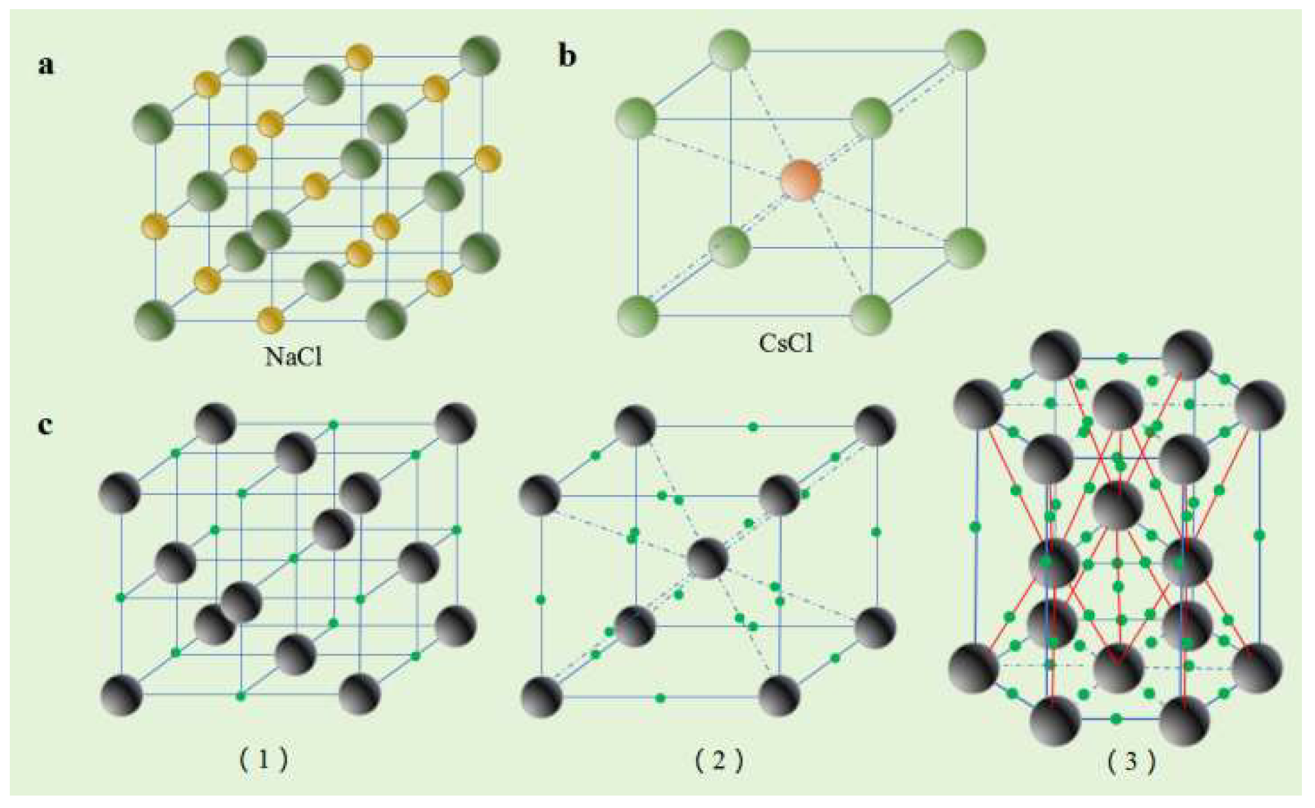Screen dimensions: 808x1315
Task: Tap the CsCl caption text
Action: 786,342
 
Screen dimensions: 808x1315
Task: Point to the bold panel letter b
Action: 567,56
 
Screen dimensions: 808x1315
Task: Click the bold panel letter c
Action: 45,425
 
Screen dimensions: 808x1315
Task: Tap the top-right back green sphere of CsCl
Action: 965,50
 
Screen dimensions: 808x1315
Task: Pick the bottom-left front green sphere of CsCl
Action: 637,316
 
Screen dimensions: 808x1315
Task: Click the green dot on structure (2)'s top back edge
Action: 753,427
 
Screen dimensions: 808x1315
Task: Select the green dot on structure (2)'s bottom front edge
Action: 660,698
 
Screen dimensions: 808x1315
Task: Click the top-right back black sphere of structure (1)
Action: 456,424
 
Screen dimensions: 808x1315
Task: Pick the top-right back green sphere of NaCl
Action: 480,57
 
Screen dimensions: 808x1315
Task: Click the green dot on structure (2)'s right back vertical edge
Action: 876,532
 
